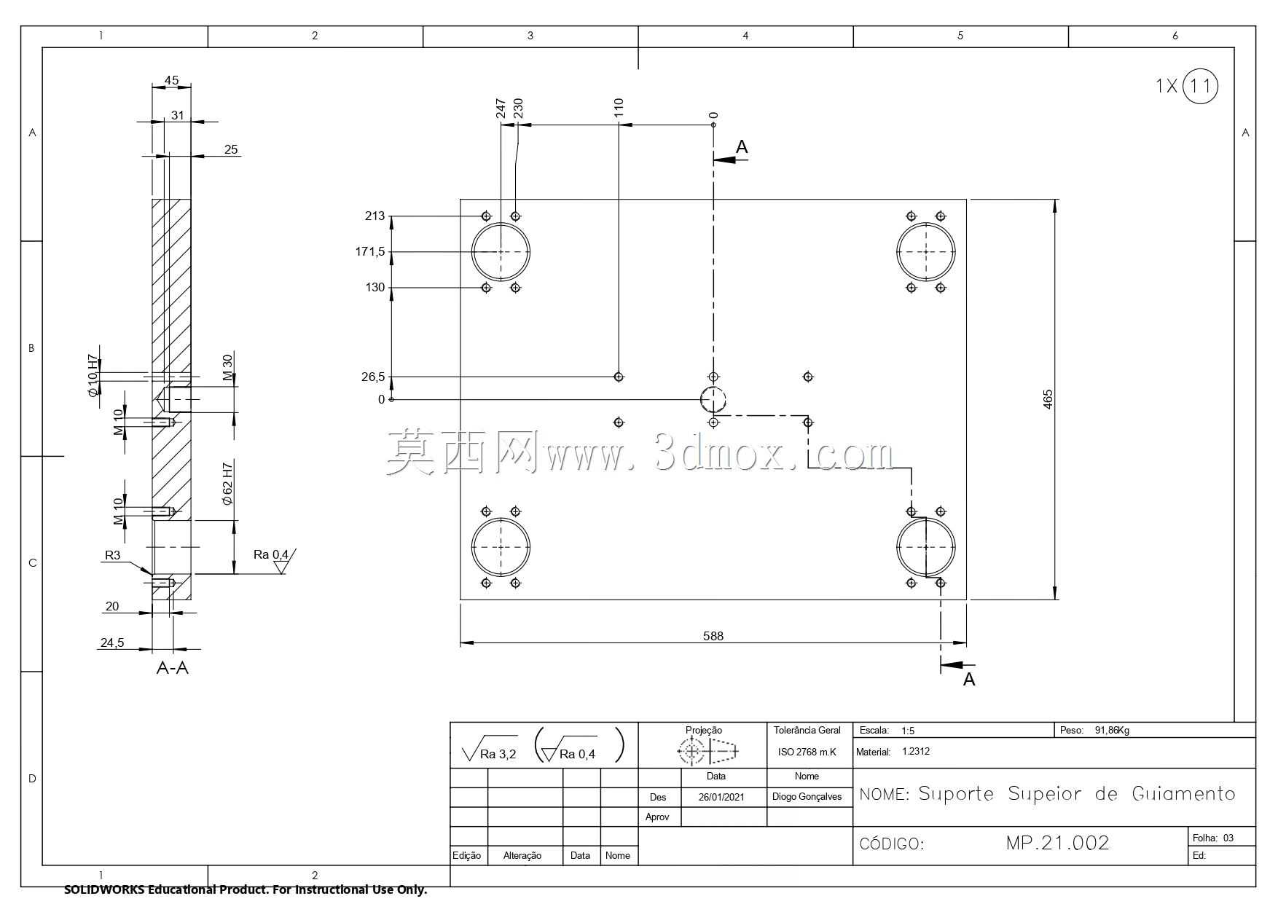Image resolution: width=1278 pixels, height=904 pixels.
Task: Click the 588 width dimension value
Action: tap(713, 636)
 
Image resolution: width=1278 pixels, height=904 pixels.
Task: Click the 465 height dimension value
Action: tap(1048, 399)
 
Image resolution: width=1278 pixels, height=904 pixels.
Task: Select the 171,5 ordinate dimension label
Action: tap(370, 252)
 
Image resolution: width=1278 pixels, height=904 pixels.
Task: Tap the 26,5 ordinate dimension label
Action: tap(373, 377)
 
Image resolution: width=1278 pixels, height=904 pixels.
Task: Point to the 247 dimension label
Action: tap(501, 109)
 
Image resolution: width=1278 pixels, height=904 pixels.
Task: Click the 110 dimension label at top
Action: tap(619, 108)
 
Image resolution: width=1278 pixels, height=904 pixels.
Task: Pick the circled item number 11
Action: tap(1199, 87)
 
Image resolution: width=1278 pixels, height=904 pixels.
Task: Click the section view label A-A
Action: tap(173, 668)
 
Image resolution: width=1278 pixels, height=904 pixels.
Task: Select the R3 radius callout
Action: tap(112, 555)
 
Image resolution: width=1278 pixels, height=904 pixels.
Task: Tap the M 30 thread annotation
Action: tap(227, 368)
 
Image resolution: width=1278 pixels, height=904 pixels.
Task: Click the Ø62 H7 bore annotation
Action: tap(227, 484)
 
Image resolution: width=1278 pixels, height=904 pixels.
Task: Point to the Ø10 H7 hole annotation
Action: tap(93, 376)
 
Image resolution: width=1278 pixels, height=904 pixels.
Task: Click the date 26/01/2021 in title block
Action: tap(721, 797)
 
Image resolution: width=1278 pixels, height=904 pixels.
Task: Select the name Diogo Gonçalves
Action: tap(807, 797)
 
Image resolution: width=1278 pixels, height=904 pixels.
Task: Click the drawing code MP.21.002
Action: tap(1057, 843)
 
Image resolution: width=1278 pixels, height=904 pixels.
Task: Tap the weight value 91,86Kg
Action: tap(1112, 730)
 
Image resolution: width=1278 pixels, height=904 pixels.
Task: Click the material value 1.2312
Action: tap(916, 751)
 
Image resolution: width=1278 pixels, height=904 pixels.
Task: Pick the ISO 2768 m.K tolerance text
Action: tap(807, 752)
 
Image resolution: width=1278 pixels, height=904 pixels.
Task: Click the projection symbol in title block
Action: tap(707, 750)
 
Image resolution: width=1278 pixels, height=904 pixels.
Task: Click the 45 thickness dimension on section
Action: tap(171, 80)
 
